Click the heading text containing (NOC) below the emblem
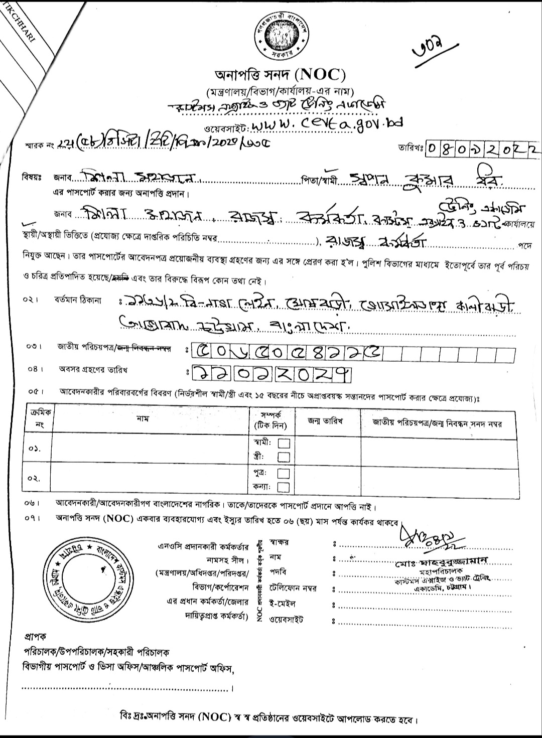click(280, 75)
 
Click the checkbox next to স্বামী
click(284, 444)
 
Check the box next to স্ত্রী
click(284, 457)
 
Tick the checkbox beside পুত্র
click(284, 474)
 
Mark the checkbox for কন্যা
click(284, 487)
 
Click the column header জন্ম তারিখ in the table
click(325, 421)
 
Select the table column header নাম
click(142, 418)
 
